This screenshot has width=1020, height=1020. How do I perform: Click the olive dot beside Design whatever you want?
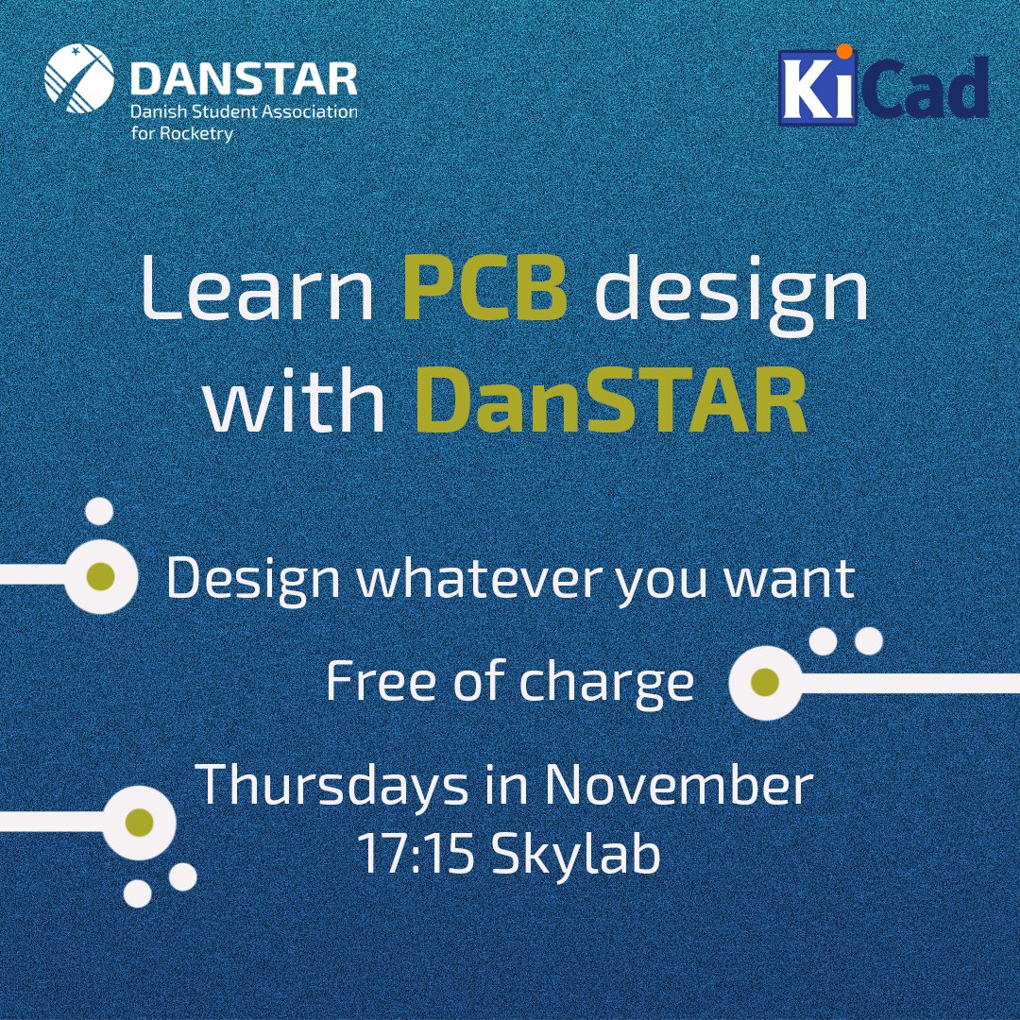(100, 576)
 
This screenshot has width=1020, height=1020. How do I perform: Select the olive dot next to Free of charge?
(766, 680)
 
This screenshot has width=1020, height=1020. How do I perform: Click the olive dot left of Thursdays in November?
(140, 821)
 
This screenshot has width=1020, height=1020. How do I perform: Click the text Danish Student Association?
(244, 113)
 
